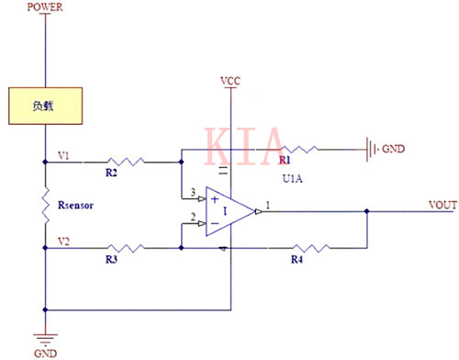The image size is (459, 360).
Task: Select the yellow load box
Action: tap(45, 106)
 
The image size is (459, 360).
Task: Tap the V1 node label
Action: tap(62, 155)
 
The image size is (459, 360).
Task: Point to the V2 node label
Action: tap(62, 241)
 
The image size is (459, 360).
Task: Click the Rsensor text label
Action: tap(81, 205)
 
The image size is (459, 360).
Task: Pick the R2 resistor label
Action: tap(111, 173)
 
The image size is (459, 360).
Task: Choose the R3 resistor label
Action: tap(111, 261)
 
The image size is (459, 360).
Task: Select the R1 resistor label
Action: tap(285, 159)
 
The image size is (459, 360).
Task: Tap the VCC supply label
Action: tap(230, 82)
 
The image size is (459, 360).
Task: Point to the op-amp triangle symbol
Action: tap(230, 210)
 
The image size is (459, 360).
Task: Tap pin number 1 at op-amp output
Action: tap(267, 203)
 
